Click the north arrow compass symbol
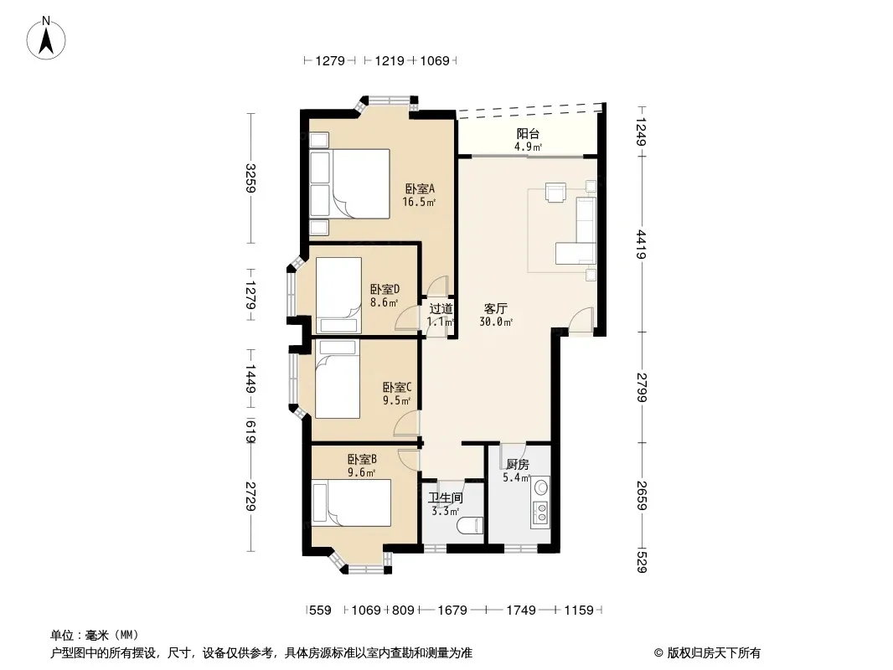coord(46,38)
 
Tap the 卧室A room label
coord(420,188)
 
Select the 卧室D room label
coord(385,289)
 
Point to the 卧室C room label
coord(397,388)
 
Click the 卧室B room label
coord(362,460)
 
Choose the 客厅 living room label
coord(495,308)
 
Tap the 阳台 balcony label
coord(528,134)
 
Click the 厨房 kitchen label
coord(517,465)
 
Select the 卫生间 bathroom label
coord(446,498)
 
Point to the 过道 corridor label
coord(441,308)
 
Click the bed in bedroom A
coord(350,184)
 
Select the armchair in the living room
coord(556,192)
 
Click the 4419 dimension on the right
coord(642,245)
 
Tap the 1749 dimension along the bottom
coord(520,611)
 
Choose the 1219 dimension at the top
coord(390,60)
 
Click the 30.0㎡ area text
coord(496,322)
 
